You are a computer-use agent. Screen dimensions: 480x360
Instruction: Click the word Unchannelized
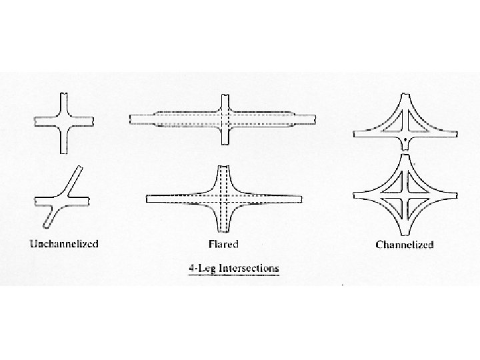point(63,243)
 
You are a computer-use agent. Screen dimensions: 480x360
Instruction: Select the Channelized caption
point(405,245)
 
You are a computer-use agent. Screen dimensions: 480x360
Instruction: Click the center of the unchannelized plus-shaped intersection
point(64,121)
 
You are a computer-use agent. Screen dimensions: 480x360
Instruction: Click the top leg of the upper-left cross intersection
point(64,102)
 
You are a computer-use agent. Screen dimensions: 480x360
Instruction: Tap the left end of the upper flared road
point(134,119)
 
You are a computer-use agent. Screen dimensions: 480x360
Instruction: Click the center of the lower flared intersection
point(224,199)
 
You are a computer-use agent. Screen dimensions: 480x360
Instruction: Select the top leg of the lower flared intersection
point(224,175)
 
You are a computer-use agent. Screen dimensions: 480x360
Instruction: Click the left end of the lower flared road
point(150,199)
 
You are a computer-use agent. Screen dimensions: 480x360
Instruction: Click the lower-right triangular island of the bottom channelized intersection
point(417,203)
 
